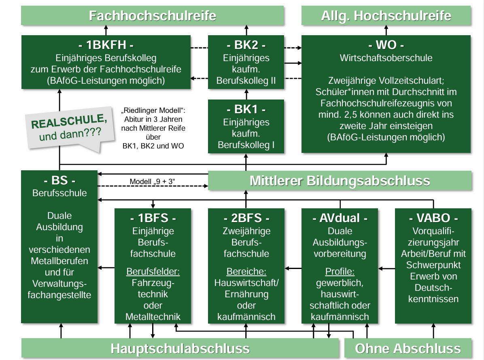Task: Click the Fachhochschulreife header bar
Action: [153, 16]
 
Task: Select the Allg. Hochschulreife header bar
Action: [386, 16]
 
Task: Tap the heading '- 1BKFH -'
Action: [106, 44]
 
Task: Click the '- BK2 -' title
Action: [246, 44]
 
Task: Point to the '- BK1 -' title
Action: [246, 109]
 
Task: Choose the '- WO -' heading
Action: [386, 44]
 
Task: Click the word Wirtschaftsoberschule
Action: [386, 58]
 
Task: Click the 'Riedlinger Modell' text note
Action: [153, 128]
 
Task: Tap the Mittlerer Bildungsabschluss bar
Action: [340, 180]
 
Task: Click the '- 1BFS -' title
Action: [153, 218]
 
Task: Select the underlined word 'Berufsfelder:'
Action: [153, 271]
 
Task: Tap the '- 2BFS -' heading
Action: [246, 218]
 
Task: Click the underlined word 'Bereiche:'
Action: [246, 271]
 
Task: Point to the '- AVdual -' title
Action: [340, 218]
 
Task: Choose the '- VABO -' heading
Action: [433, 218]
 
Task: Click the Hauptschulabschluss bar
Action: [180, 349]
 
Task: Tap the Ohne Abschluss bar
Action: [408, 349]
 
